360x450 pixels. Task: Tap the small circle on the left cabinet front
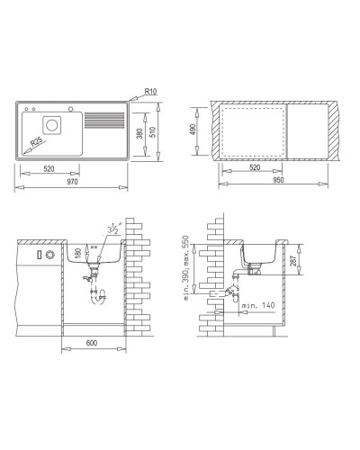pyautogui.click(x=49, y=256)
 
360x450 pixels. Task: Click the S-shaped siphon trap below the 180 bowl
pyautogui.click(x=98, y=292)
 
